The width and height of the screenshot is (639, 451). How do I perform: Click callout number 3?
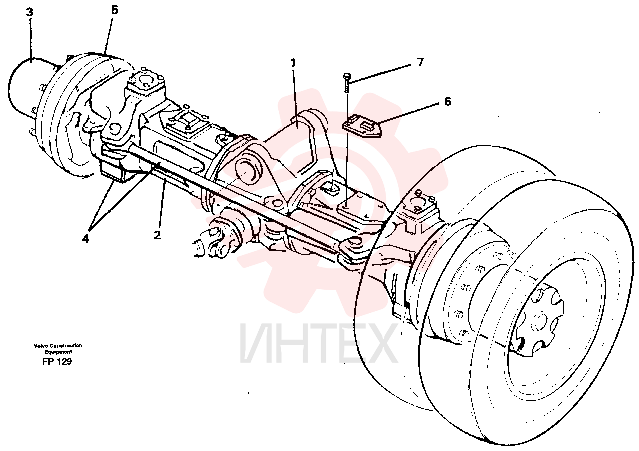(29, 12)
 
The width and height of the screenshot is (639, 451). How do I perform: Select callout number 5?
(115, 10)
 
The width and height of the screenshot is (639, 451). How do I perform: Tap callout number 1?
(293, 63)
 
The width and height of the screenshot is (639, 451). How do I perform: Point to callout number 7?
(420, 62)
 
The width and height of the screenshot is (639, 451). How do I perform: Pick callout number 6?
(448, 102)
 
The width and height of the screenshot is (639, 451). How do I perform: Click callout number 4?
(85, 238)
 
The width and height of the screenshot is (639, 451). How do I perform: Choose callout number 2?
(157, 235)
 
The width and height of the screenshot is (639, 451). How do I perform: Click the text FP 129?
(57, 361)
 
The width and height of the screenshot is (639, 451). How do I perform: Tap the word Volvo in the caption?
(41, 346)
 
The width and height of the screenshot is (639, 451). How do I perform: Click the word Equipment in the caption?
(58, 352)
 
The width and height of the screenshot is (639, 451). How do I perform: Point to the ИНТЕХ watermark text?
(318, 343)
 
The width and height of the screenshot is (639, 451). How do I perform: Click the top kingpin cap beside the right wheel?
(418, 205)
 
